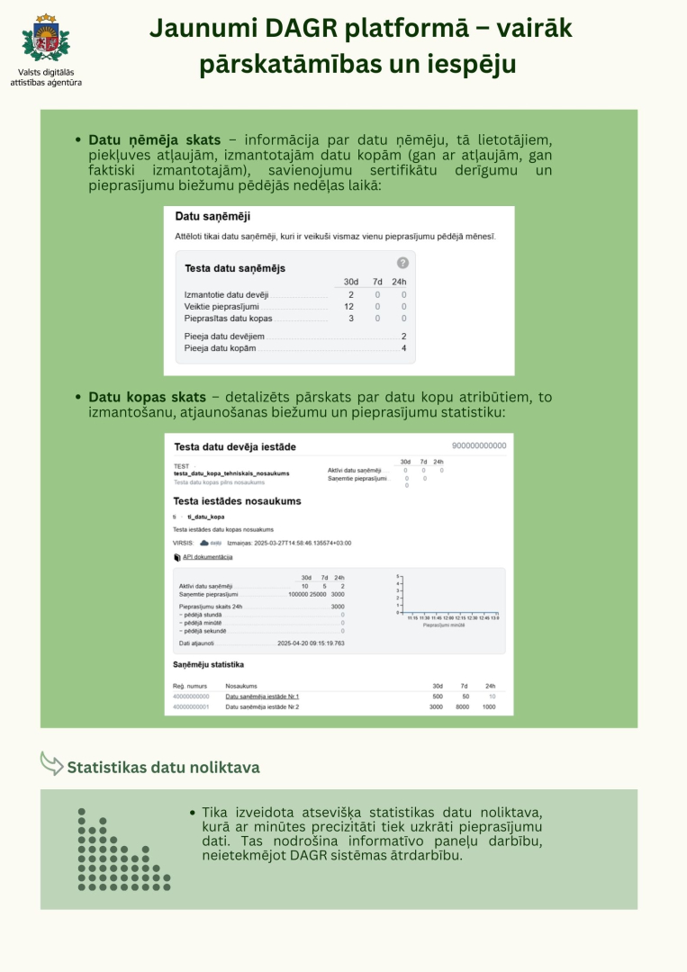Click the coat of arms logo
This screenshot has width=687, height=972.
coord(46,38)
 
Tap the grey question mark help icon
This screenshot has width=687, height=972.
coord(402,263)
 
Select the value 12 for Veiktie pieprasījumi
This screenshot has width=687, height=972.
coord(349,306)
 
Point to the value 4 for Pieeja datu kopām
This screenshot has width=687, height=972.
coord(403,348)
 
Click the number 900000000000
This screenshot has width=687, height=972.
coord(479,445)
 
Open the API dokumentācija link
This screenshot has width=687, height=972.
coord(207,557)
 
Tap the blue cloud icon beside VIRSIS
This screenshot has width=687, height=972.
coord(204,543)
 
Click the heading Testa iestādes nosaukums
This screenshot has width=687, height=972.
coord(237,501)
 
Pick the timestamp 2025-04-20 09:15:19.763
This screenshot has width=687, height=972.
coord(311,643)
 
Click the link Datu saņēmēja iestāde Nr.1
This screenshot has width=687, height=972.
coord(262,697)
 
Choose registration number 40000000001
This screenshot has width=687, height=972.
coord(191,707)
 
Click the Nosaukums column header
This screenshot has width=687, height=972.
coord(240,685)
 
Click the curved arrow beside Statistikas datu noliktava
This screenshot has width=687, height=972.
coord(51,763)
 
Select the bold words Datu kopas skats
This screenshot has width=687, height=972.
coord(147,397)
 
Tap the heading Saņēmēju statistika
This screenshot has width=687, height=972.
coord(208,665)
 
